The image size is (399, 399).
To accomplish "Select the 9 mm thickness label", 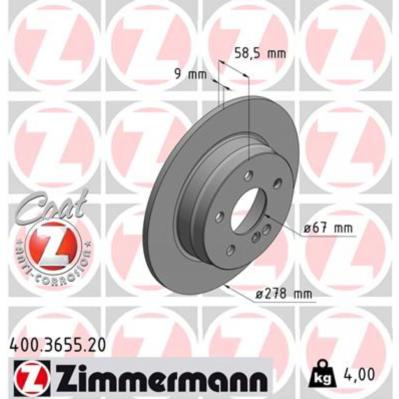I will [190, 74].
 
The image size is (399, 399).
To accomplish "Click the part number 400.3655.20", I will [56, 345].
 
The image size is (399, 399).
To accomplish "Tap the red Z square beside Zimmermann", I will [32, 376].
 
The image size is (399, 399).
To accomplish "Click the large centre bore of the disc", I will [247, 211].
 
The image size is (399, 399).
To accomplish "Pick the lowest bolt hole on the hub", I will [231, 249].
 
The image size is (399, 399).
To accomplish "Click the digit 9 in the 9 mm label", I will [178, 74].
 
